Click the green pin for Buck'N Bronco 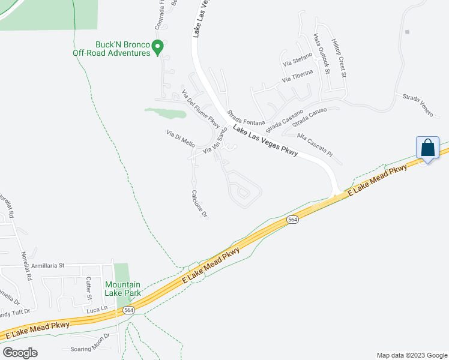point(158,47)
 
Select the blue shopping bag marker point(428,148)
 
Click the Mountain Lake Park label point(122,289)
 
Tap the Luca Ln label point(96,309)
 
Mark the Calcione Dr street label point(199,203)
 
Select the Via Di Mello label point(181,139)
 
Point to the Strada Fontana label point(246,115)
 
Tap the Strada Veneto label point(417,106)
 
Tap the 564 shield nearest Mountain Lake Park point(128,310)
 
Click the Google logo point(20,353)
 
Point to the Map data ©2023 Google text point(411,355)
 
